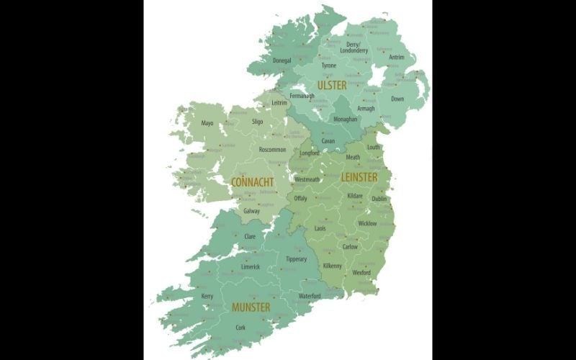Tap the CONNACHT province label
point(252,182)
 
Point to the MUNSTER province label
point(251,307)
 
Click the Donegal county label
point(282,60)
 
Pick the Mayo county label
point(207,124)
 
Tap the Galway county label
point(252,212)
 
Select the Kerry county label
point(207,296)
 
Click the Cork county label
point(240,328)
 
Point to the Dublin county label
point(379,199)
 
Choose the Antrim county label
point(397,57)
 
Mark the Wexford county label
point(361,273)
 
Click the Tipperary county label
point(296,259)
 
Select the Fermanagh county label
point(302,96)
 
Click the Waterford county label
point(310,296)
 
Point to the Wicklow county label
point(367,224)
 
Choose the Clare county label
point(250,236)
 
